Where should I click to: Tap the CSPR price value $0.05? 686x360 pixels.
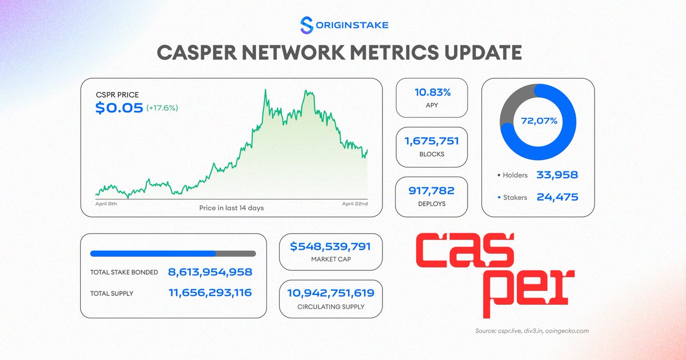[x=119, y=108]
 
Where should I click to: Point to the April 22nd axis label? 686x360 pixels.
[x=354, y=203]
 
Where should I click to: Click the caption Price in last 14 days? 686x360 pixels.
[x=231, y=207]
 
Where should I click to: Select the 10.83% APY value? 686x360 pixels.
[x=432, y=92]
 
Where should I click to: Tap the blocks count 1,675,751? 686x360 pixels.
[x=432, y=141]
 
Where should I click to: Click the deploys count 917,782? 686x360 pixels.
[x=432, y=190]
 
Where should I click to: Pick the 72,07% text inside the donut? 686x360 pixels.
[x=538, y=121]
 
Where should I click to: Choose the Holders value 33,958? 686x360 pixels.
[x=557, y=175]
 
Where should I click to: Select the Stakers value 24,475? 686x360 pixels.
[x=557, y=197]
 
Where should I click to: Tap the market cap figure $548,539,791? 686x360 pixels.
[x=330, y=247]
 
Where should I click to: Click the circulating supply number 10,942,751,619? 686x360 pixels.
[x=330, y=293]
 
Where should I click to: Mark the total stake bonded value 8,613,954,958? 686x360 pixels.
[x=210, y=272]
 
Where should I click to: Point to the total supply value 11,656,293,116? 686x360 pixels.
[x=210, y=293]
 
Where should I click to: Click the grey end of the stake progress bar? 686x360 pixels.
[x=236, y=253]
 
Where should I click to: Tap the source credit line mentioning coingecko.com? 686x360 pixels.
[x=532, y=331]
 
